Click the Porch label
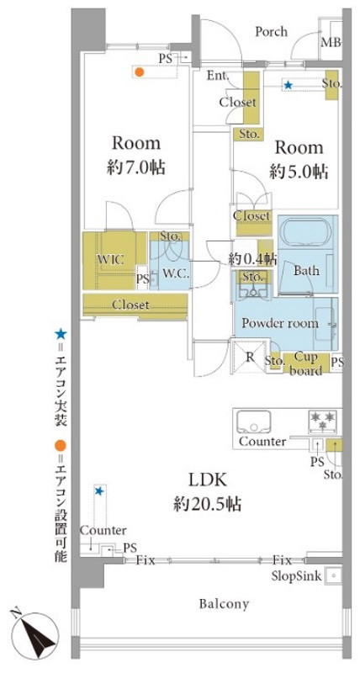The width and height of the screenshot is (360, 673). pyautogui.click(x=271, y=31)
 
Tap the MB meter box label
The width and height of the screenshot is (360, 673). pyautogui.click(x=331, y=43)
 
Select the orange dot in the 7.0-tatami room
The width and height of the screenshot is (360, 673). pyautogui.click(x=139, y=72)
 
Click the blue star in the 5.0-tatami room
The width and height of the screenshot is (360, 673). pyautogui.click(x=288, y=86)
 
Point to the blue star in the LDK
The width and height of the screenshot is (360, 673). pyautogui.click(x=99, y=490)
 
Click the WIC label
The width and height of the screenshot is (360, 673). pyautogui.click(x=110, y=260)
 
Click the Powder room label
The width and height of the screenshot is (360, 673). pyautogui.click(x=280, y=323)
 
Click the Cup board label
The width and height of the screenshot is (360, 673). pyautogui.click(x=305, y=363)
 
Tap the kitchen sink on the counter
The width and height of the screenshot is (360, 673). pyautogui.click(x=253, y=421)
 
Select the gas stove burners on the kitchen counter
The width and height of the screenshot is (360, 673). pyautogui.click(x=323, y=421)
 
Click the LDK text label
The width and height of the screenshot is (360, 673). pyautogui.click(x=207, y=480)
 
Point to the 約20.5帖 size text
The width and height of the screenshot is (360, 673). pyautogui.click(x=207, y=504)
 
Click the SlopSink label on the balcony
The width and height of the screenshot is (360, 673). pyautogui.click(x=296, y=576)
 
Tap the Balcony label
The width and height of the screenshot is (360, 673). pyautogui.click(x=224, y=604)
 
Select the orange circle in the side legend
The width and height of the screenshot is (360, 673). pyautogui.click(x=61, y=446)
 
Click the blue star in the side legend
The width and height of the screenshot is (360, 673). pyautogui.click(x=61, y=333)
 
